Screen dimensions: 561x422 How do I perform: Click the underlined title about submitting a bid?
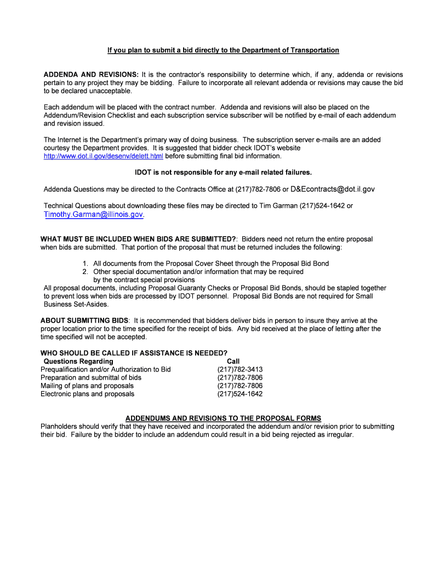pyautogui.click(x=223, y=50)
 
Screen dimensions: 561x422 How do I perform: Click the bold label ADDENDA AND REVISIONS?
pyautogui.click(x=91, y=75)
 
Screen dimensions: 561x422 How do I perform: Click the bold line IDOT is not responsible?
pyautogui.click(x=223, y=172)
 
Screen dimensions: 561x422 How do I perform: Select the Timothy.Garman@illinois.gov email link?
pyautogui.click(x=93, y=214)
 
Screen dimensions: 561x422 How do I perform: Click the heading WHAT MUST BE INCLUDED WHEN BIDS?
pyautogui.click(x=139, y=239)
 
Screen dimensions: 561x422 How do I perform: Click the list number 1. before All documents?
pyautogui.click(x=86, y=264)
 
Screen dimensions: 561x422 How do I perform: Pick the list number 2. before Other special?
pyautogui.click(x=86, y=272)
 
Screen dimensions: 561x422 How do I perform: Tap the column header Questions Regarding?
pyautogui.click(x=78, y=361)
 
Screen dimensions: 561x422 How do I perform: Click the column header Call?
pyautogui.click(x=233, y=361)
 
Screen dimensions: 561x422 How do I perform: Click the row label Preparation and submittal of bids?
pyautogui.click(x=91, y=377)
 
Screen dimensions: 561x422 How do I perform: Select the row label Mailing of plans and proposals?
pyautogui.click(x=87, y=386)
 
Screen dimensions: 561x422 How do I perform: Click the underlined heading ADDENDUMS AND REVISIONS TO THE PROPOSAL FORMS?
pyautogui.click(x=223, y=418)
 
